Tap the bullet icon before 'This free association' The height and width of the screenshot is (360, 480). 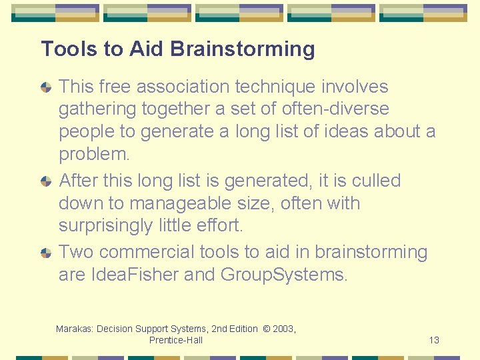tap(46, 87)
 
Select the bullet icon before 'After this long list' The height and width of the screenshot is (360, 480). tap(46, 181)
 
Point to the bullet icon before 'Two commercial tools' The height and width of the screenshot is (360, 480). tap(46, 253)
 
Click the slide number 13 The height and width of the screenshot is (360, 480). tap(434, 340)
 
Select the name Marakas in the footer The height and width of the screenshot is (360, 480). tap(74, 329)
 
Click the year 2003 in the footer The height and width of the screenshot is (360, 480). tap(283, 329)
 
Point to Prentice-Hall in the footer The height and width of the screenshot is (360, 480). tap(176, 340)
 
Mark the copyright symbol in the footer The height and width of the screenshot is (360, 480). tap(266, 329)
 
